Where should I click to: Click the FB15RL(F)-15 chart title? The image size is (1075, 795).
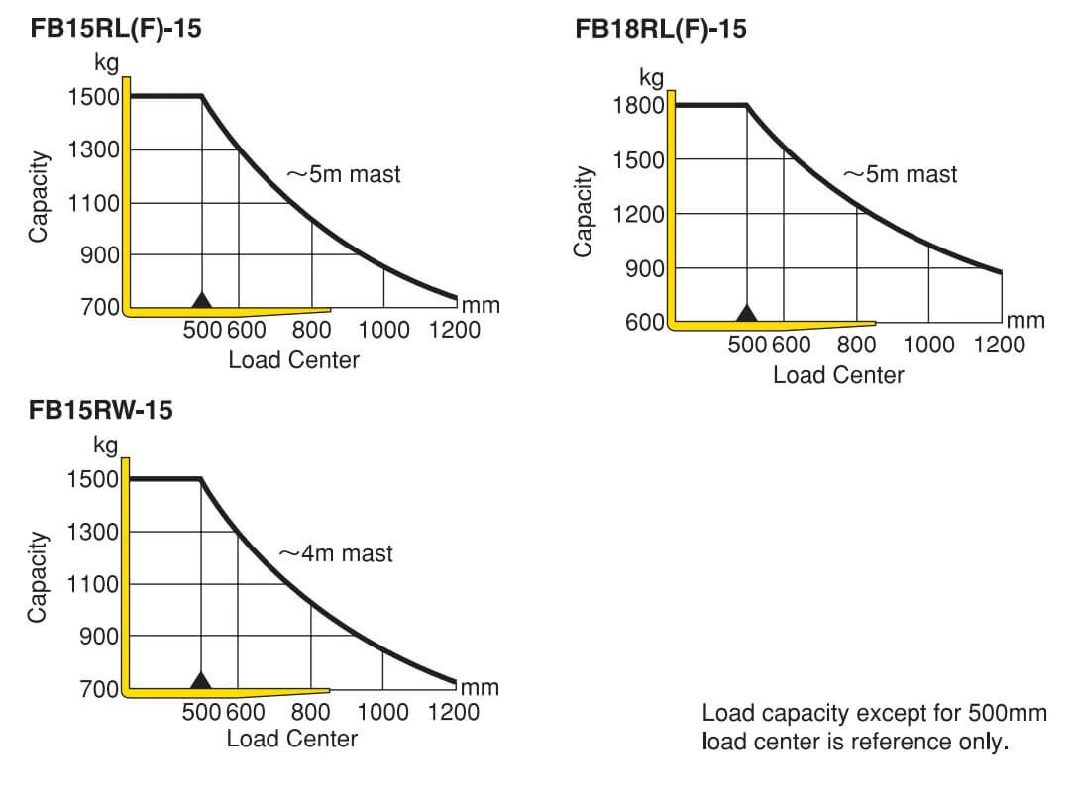(116, 29)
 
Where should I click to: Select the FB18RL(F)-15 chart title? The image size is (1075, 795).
(660, 29)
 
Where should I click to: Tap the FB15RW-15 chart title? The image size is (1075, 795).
(101, 410)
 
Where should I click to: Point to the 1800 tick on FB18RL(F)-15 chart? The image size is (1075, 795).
(638, 106)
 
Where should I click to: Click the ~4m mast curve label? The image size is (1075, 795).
(336, 553)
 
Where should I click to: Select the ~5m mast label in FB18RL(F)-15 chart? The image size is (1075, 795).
(901, 174)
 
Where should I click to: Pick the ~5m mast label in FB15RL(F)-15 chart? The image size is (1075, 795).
(344, 174)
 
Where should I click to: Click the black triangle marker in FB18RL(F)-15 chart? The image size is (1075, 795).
(747, 313)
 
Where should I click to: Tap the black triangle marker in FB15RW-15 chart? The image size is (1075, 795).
(201, 680)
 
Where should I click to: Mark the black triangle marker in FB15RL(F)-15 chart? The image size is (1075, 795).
(201, 300)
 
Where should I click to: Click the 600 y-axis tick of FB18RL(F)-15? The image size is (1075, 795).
(644, 322)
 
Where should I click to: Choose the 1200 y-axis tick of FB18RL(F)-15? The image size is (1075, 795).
(638, 215)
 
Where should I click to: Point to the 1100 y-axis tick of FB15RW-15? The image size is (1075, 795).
(92, 584)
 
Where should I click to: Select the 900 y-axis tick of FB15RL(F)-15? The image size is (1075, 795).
(100, 255)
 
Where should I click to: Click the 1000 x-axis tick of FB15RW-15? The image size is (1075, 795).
(382, 712)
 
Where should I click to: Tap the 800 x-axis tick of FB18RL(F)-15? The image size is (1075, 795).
(856, 345)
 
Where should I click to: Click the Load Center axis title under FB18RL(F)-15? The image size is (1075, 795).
(838, 375)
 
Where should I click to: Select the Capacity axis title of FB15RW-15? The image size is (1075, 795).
(39, 577)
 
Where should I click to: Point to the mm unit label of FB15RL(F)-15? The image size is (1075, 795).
(481, 306)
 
